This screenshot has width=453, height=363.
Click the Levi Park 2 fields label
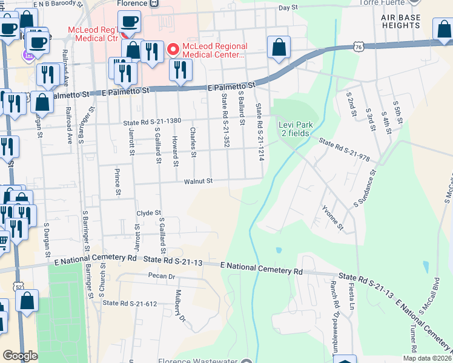pos(295,129)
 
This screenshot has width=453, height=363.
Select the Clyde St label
pos(148,213)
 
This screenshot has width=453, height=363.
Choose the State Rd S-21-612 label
pos(130,303)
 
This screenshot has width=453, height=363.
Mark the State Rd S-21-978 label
pos(344,151)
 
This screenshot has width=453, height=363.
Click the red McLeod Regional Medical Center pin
pos(173,48)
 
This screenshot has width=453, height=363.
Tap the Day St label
pos(288,8)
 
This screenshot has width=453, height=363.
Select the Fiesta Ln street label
pos(351,299)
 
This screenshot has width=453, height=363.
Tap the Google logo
pos(20,356)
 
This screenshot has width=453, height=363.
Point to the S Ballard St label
pos(241,110)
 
